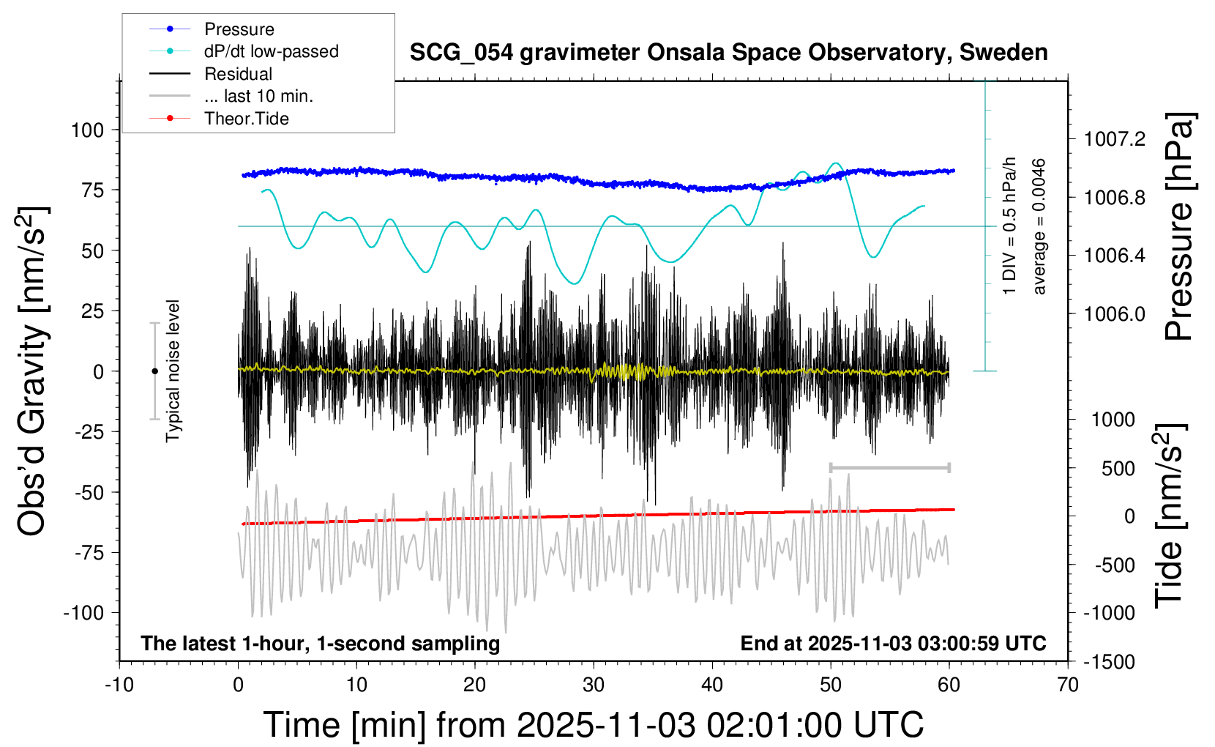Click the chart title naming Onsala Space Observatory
(728, 53)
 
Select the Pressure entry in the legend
(239, 29)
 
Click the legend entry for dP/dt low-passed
(271, 51)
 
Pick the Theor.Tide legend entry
(246, 119)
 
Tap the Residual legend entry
(238, 74)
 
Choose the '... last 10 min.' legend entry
(258, 96)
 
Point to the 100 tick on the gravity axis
(87, 130)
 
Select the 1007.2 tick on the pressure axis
(1114, 139)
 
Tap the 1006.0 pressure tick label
(1114, 314)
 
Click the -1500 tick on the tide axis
(1108, 662)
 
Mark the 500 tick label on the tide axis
(1118, 469)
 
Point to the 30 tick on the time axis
(594, 685)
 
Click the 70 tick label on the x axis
(1068, 685)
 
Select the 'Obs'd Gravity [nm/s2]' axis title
(32, 371)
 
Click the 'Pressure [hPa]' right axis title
(1179, 227)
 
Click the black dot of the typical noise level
(154, 371)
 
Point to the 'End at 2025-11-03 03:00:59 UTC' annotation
(893, 644)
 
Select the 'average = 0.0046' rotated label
(1039, 227)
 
